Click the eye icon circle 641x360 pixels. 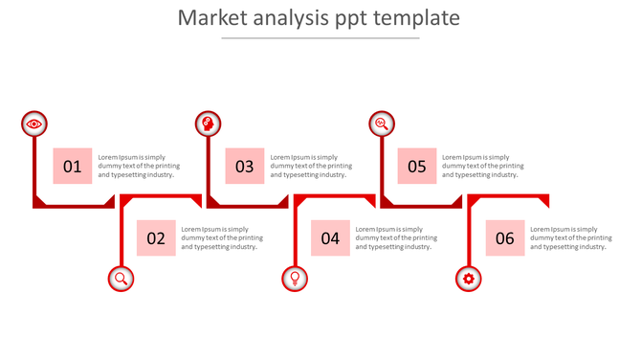tap(34, 124)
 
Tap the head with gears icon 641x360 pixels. tap(208, 124)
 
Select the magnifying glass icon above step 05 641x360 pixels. tap(382, 124)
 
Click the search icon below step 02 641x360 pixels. tap(122, 279)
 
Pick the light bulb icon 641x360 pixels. tap(295, 279)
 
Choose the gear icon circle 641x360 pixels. tap(468, 279)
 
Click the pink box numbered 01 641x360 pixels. tap(73, 167)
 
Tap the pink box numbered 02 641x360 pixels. tap(156, 238)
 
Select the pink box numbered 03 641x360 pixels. tap(245, 167)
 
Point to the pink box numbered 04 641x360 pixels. tap(330, 238)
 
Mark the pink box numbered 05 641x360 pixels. tap(417, 167)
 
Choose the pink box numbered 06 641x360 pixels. tap(505, 238)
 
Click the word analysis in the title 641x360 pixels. tap(283, 18)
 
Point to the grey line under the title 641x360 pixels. tap(320, 38)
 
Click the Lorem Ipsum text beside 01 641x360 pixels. tap(139, 167)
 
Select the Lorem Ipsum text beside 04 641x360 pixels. tap(396, 238)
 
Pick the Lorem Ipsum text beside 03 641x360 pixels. tap(311, 167)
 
